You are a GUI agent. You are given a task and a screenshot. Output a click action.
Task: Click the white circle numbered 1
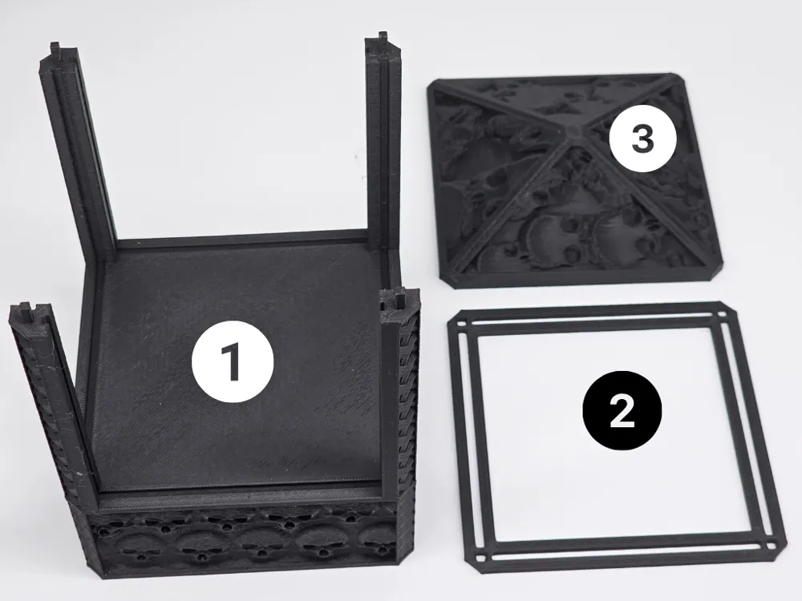coord(233,362)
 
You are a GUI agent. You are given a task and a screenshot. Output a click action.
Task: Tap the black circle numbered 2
coord(622,410)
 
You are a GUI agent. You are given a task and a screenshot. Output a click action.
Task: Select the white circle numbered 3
coord(643,138)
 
